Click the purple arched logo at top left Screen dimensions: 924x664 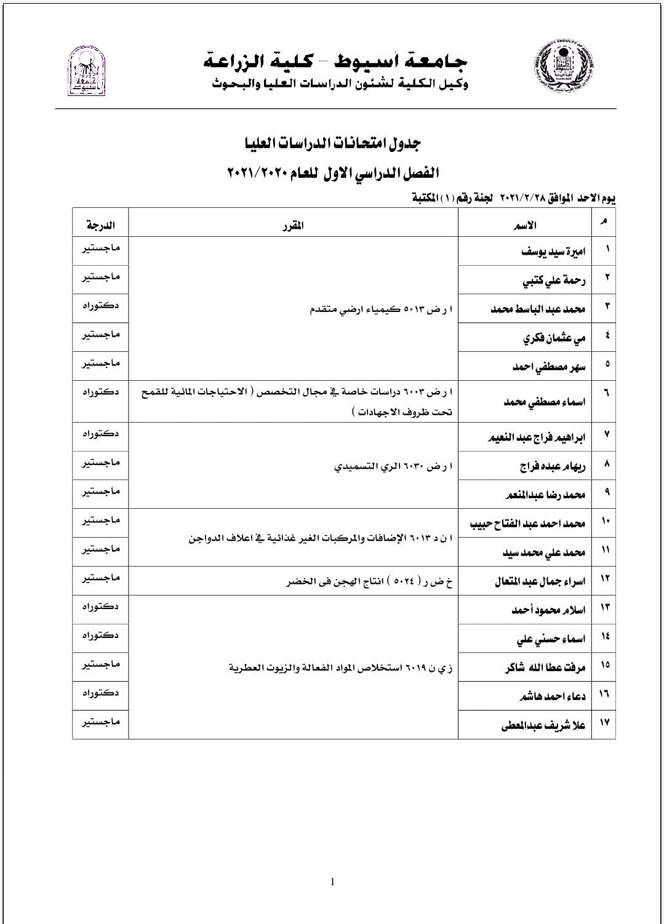click(x=86, y=71)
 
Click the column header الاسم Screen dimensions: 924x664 click(x=524, y=225)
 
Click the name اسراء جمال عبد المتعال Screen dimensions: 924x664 click(x=540, y=581)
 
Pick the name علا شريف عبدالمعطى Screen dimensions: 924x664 click(x=543, y=725)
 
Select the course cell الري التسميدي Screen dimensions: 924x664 click(x=393, y=466)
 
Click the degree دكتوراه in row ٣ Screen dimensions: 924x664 click(x=100, y=305)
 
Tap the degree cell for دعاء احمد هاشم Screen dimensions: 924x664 click(x=100, y=693)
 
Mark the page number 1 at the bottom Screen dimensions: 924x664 click(x=332, y=882)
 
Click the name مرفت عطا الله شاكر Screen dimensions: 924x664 click(x=544, y=667)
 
